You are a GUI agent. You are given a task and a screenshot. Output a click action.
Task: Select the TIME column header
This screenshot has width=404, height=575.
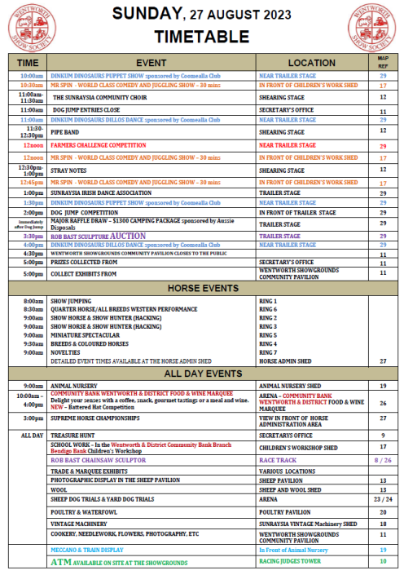28,62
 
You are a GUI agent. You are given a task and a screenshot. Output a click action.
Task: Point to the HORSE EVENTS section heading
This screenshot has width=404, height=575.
203,289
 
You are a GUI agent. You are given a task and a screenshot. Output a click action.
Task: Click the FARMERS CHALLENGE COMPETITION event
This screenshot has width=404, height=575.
98,146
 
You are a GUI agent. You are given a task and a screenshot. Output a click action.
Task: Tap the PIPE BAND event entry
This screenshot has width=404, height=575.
66,131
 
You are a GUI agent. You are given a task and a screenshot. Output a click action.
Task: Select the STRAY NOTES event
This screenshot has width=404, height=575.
70,170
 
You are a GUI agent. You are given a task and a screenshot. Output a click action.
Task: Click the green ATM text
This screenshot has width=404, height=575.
62,562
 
